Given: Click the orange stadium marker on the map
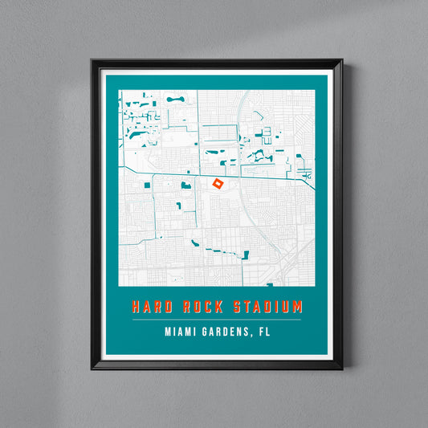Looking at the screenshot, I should pos(217,184).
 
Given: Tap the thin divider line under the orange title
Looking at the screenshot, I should pos(217,320).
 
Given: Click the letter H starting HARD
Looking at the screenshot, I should pos(136,307).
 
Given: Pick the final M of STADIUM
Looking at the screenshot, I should pos(298,307).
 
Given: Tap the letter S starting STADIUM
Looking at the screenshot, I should pos(237,307).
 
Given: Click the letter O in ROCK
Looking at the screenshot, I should pos(192,307).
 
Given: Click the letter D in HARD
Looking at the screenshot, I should pos(165,307).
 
